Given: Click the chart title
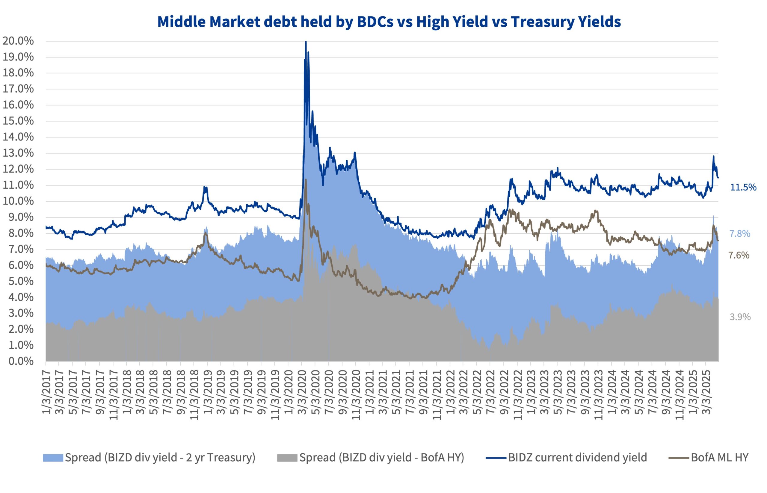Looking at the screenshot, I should click(x=389, y=22).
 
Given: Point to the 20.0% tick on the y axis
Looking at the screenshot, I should click(x=18, y=41).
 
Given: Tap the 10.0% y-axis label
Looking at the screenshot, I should click(x=18, y=201).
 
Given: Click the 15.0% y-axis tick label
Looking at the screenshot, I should click(x=18, y=121).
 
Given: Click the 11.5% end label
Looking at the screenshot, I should click(x=743, y=187).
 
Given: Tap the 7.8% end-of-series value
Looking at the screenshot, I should click(x=740, y=234).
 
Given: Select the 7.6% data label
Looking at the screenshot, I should click(x=739, y=255).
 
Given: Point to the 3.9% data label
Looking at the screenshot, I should click(x=740, y=317).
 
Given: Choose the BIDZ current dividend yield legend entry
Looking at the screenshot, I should click(x=577, y=457).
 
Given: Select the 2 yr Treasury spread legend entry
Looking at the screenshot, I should click(x=160, y=457).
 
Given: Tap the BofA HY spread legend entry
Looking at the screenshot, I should click(x=381, y=457).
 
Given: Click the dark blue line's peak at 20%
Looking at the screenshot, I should click(x=306, y=42).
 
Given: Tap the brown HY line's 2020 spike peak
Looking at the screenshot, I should click(x=306, y=180).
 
